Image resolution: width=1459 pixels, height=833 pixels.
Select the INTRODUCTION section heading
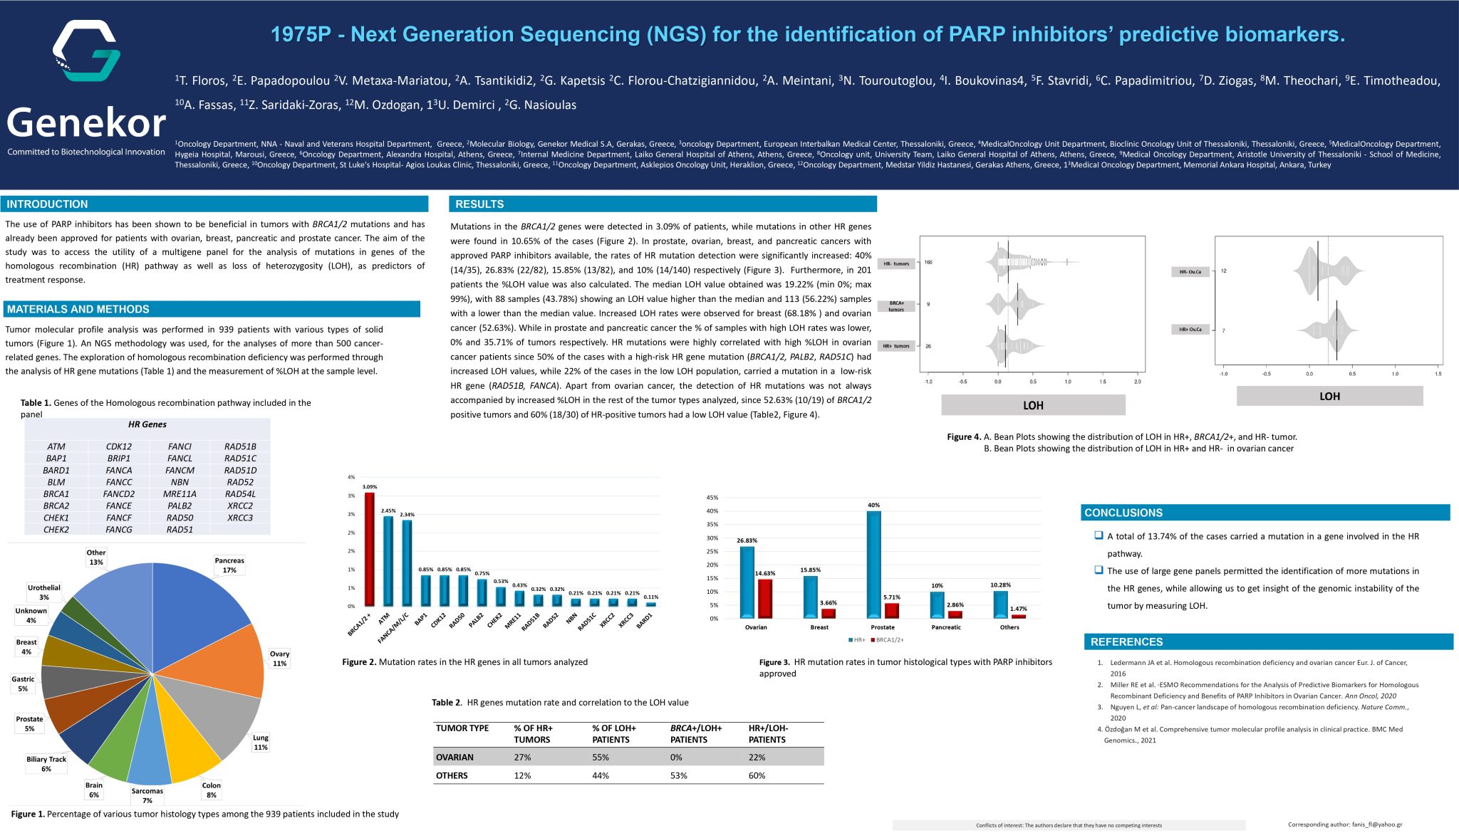[47, 204]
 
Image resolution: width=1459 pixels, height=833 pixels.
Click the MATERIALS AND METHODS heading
[78, 309]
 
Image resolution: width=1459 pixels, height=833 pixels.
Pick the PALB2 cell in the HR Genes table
[180, 505]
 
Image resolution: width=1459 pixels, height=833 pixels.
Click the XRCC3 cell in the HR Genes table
[240, 518]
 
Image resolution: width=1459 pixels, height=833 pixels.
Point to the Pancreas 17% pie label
[229, 565]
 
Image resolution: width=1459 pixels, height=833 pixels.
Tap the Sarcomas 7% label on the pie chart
[147, 795]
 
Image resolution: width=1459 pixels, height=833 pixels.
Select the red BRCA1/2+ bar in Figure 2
[370, 548]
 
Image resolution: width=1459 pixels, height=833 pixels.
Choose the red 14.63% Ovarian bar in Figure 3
[765, 598]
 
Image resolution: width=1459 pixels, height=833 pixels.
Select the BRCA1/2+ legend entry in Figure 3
[887, 640]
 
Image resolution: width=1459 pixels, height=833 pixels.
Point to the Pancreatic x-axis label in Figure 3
[946, 627]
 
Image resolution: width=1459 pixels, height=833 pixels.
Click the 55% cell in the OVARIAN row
[601, 757]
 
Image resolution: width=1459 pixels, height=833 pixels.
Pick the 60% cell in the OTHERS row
[757, 775]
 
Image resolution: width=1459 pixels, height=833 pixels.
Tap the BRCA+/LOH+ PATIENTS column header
[696, 733]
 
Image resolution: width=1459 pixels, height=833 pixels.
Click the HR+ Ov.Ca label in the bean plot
[1190, 330]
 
